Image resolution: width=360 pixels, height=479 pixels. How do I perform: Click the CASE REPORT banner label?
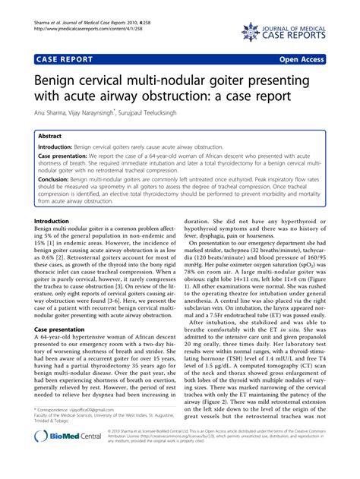(x=62, y=57)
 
